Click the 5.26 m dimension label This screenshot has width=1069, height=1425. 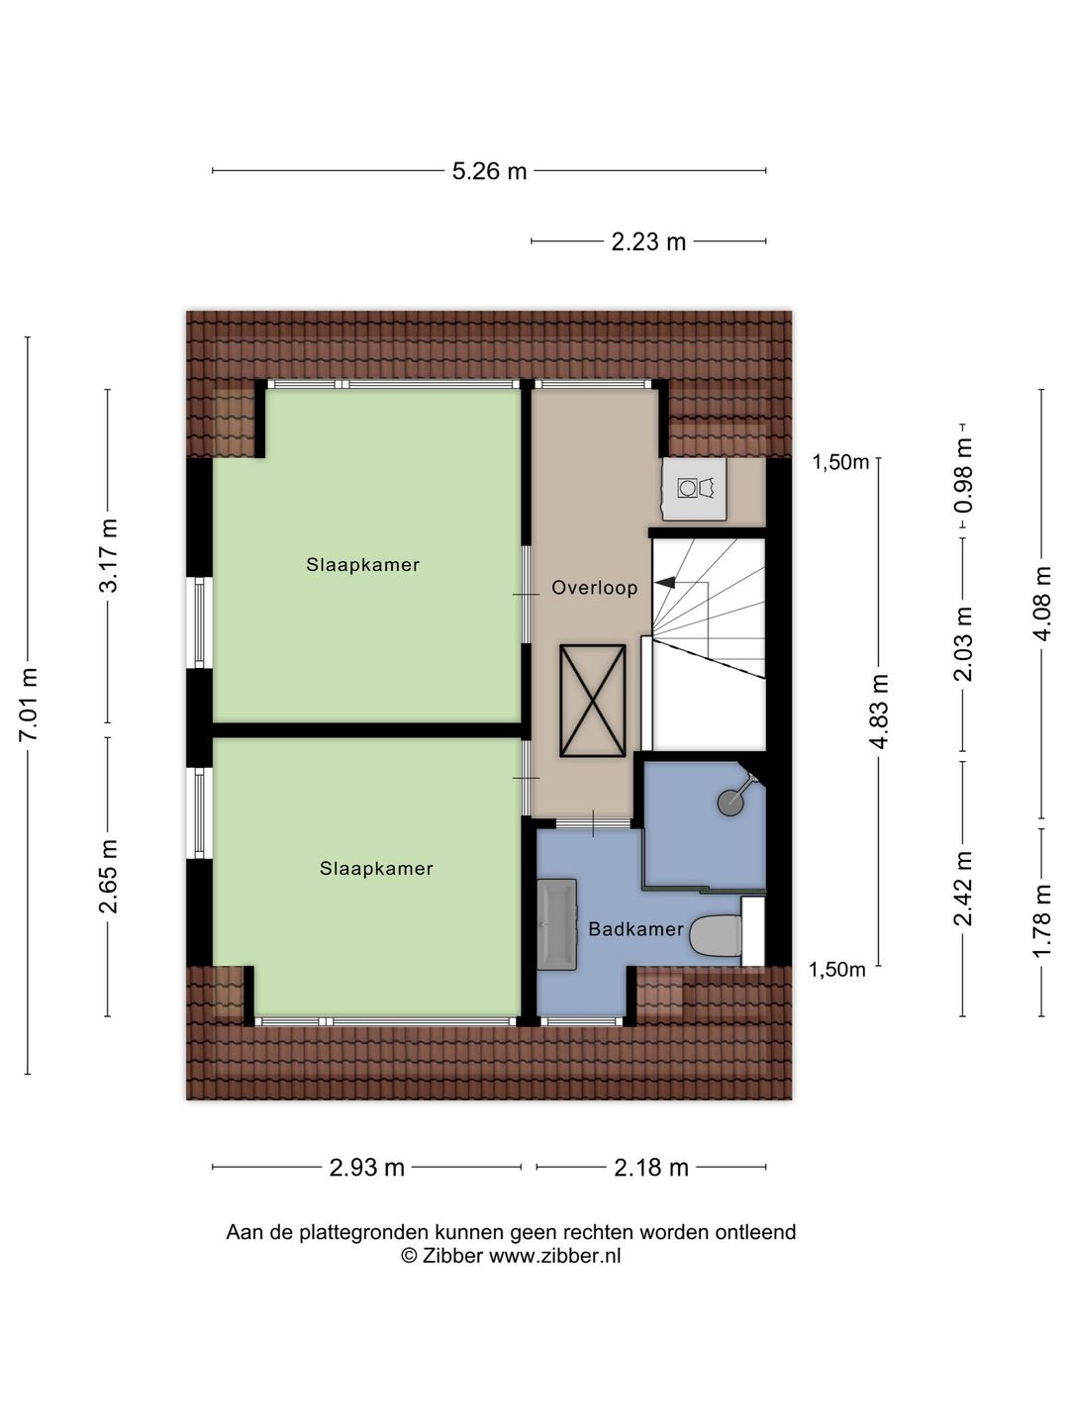pos(489,171)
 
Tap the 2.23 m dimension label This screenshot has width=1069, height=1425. pos(648,241)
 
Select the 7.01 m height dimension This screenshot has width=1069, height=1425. pos(29,704)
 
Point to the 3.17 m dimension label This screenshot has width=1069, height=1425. pos(109,556)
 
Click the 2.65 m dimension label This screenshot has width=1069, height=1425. pos(109,877)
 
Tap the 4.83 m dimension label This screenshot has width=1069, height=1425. pos(880,712)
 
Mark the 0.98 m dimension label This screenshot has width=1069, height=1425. pos(963,475)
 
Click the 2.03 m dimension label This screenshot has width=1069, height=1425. pos(963,643)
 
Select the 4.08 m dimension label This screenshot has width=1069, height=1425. pos(1042,604)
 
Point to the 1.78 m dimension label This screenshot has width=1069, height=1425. pos(1042,920)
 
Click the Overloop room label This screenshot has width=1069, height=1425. pos(595,588)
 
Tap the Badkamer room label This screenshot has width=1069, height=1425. pos(636,929)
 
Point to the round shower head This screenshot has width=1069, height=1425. pos(729,802)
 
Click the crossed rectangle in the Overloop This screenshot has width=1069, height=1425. pos(593,701)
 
